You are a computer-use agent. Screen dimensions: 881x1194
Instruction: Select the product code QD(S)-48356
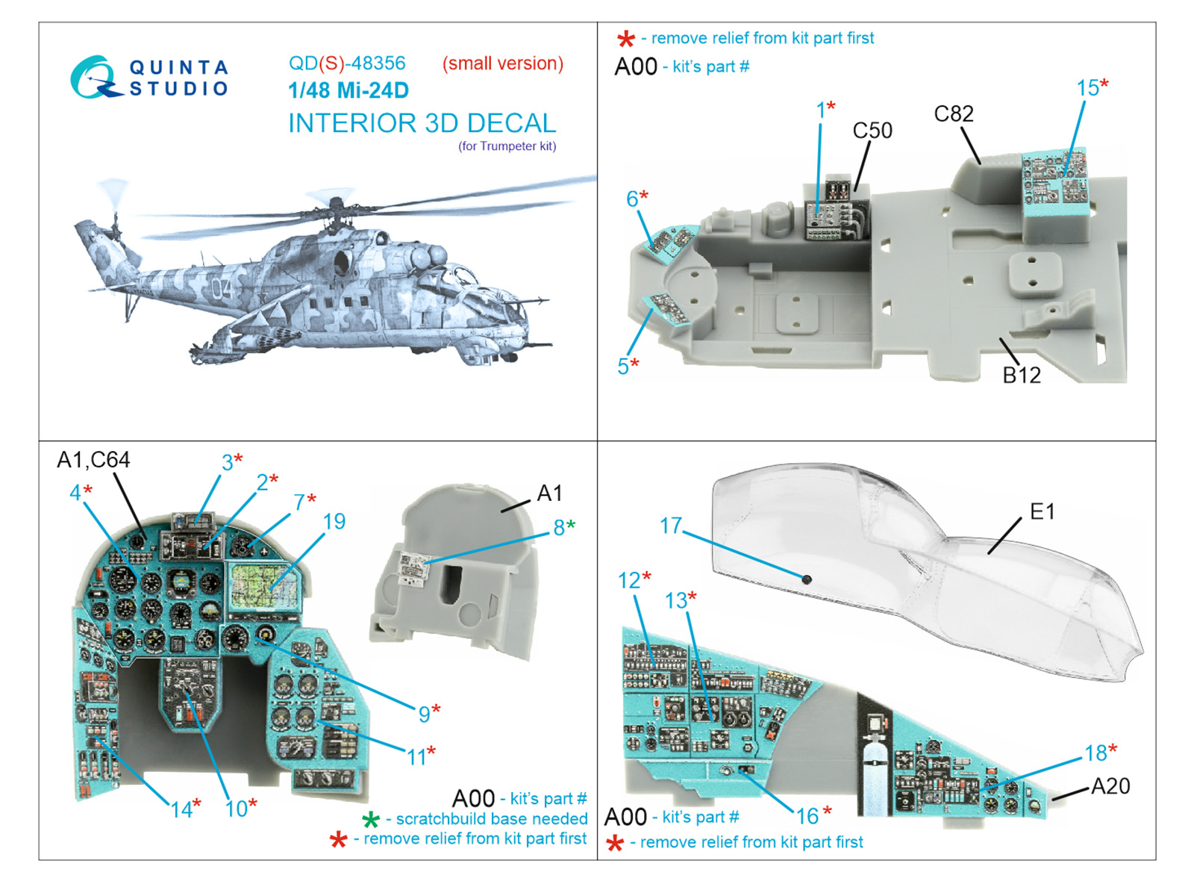point(347,63)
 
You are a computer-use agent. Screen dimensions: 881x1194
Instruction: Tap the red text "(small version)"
point(502,63)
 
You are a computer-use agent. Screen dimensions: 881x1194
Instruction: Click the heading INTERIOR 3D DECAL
point(422,123)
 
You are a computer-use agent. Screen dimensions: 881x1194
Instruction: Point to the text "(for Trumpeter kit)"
point(507,146)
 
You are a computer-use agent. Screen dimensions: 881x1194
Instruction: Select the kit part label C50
point(872,131)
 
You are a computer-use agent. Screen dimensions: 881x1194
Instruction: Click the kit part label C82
point(954,113)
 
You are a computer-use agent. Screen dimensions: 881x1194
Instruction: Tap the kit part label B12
point(1021,375)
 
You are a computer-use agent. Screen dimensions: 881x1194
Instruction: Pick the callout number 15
point(1087,88)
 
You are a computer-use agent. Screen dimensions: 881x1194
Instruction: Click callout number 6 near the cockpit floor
point(632,199)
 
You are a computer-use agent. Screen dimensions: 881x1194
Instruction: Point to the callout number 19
point(334,521)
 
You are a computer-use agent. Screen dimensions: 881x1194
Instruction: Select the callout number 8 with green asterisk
point(558,527)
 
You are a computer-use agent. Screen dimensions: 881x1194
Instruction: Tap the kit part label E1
point(1042,511)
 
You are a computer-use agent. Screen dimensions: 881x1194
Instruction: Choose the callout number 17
point(670,526)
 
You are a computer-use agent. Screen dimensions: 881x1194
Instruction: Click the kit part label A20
point(1110,786)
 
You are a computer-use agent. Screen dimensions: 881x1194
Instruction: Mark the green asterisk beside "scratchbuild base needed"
point(371,821)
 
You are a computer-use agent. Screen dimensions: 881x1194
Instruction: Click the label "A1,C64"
point(93,460)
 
